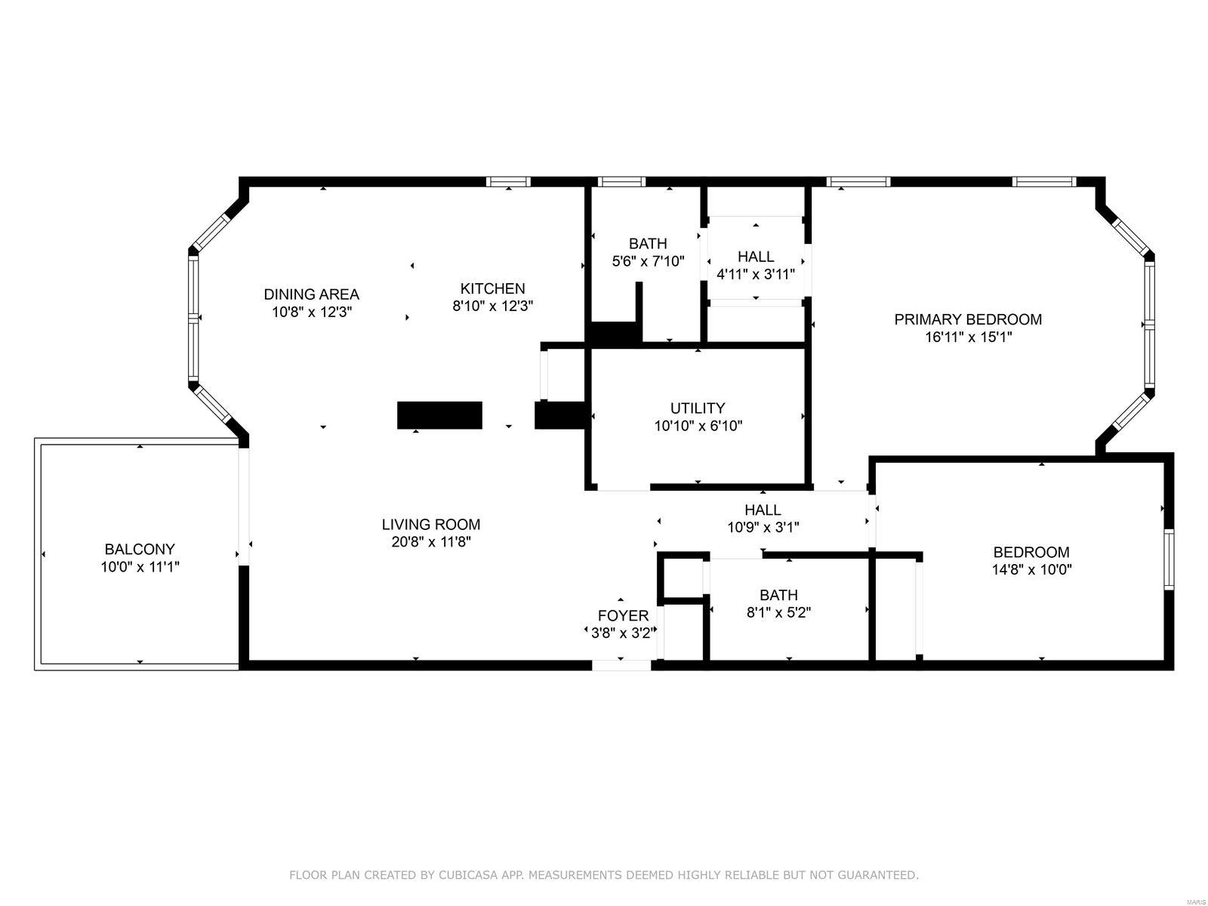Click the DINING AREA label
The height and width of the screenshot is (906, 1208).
click(311, 294)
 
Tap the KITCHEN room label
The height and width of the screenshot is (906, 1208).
click(492, 288)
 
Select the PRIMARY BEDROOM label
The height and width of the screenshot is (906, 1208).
click(967, 319)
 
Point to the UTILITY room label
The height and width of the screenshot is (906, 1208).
click(698, 408)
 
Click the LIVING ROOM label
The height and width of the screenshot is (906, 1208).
click(431, 524)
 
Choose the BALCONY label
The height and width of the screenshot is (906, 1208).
click(140, 549)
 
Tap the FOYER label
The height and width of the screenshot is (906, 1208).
click(623, 615)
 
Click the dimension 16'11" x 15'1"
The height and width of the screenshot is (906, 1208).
click(968, 337)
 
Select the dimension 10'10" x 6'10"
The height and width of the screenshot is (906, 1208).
click(698, 426)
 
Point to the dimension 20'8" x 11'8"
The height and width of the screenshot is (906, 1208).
click(431, 542)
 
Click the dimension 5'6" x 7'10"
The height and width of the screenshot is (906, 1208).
click(648, 261)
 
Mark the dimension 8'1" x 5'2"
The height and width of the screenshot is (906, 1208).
click(778, 612)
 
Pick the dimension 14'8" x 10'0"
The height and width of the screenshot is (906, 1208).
click(1031, 569)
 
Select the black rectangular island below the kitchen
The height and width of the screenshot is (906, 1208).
click(439, 415)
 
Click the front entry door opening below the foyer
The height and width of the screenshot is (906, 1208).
click(621, 665)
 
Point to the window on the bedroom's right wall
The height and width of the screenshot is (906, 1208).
click(1169, 559)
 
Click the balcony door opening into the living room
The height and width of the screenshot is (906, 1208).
click(244, 507)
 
